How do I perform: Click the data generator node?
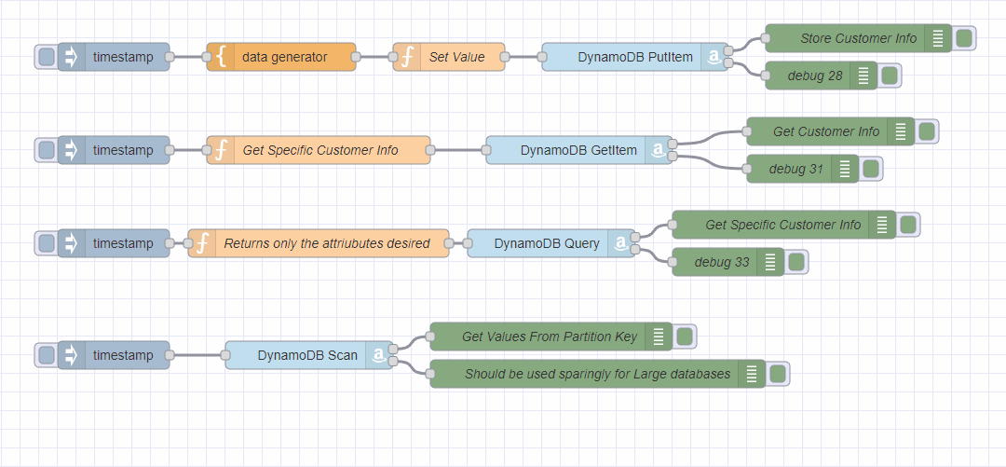[284, 57]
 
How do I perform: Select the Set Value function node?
[455, 57]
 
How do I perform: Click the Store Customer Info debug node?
[857, 38]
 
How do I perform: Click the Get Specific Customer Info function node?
[319, 150]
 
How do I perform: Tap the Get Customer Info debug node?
[825, 131]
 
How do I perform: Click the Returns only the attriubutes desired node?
[326, 243]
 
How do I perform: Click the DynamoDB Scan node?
[307, 355]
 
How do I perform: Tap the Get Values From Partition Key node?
[549, 337]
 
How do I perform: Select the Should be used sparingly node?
[596, 374]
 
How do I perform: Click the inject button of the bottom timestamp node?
[46, 355]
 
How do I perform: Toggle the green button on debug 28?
[889, 76]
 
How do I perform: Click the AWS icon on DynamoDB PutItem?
[714, 57]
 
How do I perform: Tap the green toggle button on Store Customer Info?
[963, 38]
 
